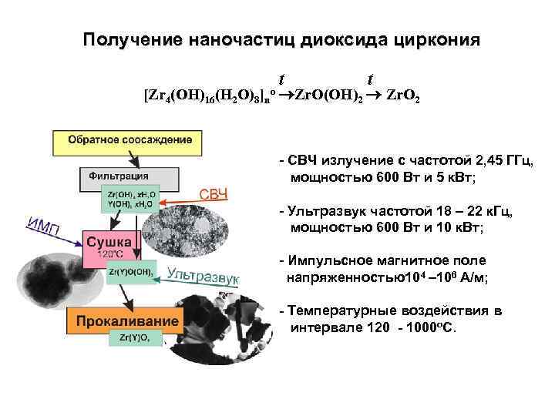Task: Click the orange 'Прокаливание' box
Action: [125, 319]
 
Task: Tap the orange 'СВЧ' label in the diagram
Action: [214, 193]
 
